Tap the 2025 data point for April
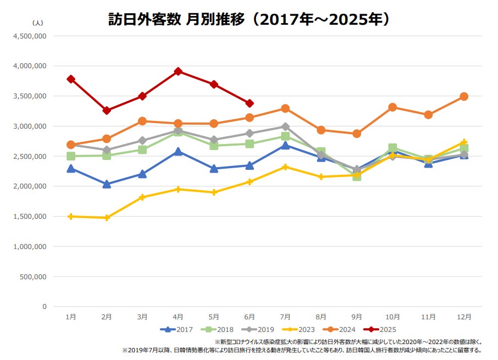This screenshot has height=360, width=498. click(x=178, y=71)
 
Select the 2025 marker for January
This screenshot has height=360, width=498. click(x=71, y=79)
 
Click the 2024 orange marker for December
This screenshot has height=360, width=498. click(x=464, y=96)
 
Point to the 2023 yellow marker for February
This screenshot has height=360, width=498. click(x=107, y=218)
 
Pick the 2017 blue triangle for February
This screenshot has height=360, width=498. click(x=107, y=184)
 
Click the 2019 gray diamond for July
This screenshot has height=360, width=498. click(x=285, y=126)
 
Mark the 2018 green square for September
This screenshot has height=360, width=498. click(x=357, y=176)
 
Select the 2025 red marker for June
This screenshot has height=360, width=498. click(x=250, y=103)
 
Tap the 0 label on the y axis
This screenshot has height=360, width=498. click(x=44, y=307)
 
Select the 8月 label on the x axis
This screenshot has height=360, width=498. click(x=321, y=317)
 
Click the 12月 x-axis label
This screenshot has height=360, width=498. click(x=464, y=317)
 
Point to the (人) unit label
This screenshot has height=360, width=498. click(x=37, y=23)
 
